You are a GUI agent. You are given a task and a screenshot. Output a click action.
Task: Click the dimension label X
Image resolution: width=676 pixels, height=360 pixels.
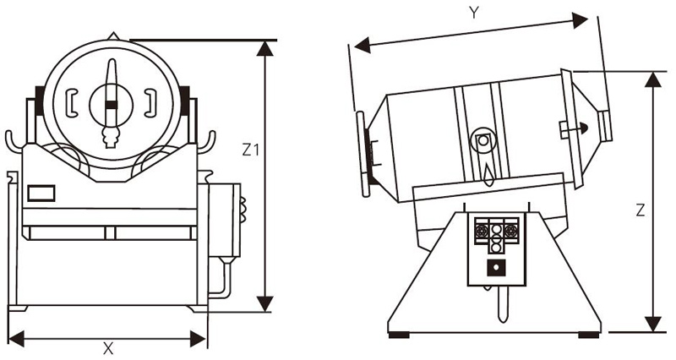(107, 348)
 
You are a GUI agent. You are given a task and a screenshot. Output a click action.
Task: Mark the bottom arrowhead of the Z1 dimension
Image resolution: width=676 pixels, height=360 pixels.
(266, 303)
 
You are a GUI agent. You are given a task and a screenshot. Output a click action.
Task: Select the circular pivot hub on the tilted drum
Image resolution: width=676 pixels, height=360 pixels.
(483, 140)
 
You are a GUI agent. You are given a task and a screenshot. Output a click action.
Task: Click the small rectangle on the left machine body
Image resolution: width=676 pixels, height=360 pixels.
(41, 194)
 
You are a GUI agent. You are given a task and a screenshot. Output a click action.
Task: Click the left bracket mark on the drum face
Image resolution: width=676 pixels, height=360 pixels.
(72, 101)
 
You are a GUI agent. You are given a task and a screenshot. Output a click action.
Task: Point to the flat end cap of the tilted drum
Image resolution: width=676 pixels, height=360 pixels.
(364, 153)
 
